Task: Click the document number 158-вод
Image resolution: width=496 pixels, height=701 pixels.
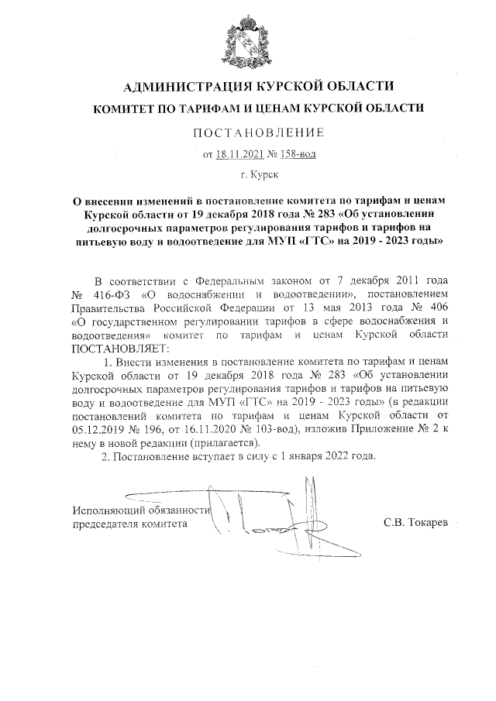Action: tap(297, 154)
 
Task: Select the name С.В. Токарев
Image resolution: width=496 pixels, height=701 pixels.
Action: tap(415, 524)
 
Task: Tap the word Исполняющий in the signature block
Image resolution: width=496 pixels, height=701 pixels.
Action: tap(108, 510)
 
